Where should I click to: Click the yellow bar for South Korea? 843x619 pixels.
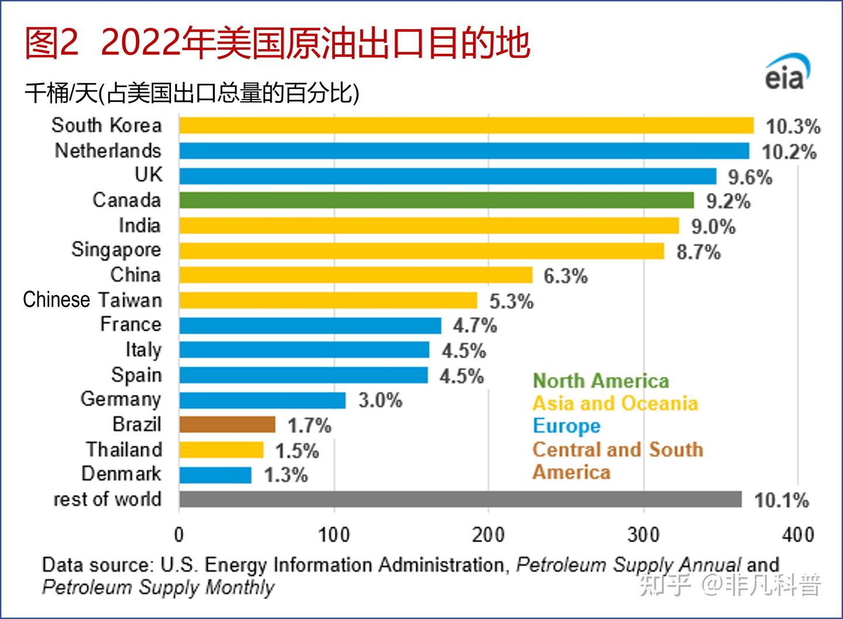click(x=466, y=125)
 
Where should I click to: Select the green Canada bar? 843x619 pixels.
click(x=436, y=200)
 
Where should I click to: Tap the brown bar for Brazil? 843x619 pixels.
click(x=227, y=425)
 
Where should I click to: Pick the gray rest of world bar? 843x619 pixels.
click(x=460, y=500)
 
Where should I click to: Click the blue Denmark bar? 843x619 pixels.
click(x=215, y=475)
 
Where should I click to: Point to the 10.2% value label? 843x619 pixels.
click(x=789, y=152)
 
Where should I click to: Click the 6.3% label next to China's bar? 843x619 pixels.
click(x=566, y=276)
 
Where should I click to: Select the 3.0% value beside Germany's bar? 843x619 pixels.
click(x=381, y=401)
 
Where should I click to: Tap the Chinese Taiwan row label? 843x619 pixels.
click(x=92, y=300)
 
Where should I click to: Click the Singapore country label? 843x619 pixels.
click(x=116, y=250)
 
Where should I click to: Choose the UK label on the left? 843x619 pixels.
click(x=148, y=175)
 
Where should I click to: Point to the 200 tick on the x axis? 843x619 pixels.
click(x=488, y=534)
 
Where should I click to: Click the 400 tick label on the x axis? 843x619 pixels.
click(x=798, y=534)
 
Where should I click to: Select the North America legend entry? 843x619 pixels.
click(x=601, y=381)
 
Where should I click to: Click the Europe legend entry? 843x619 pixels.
click(x=567, y=426)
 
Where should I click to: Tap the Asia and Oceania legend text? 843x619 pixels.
click(x=615, y=403)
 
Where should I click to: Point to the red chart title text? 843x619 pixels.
click(x=277, y=43)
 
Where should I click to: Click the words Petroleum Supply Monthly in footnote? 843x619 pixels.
click(x=158, y=587)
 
